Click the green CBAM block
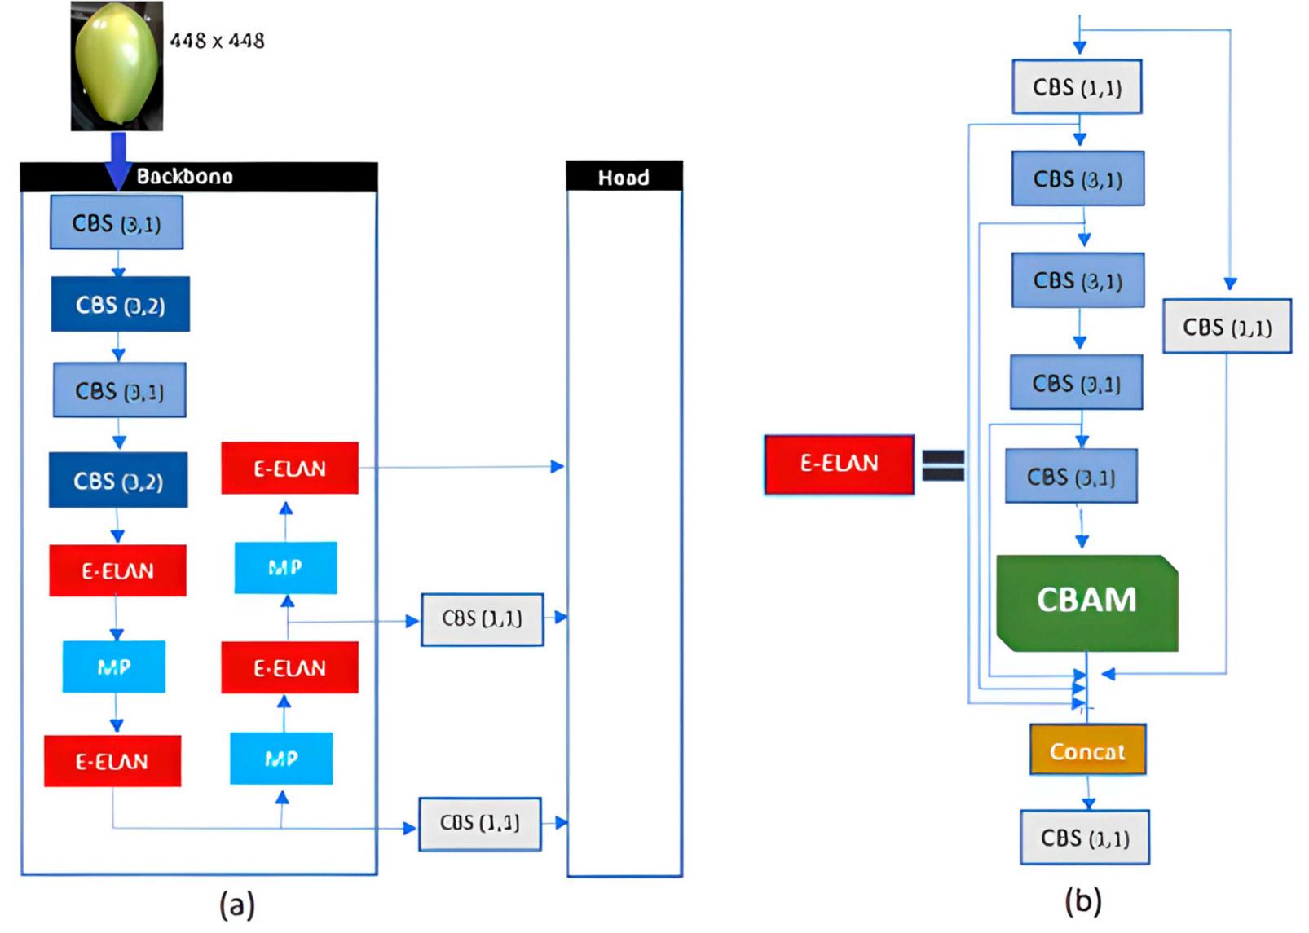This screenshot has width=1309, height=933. pos(1086,602)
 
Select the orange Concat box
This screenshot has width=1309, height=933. pos(1087,750)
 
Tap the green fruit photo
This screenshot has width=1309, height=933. pos(117,66)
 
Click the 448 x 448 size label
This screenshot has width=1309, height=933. pos(217,41)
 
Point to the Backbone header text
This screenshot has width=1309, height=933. pos(184,177)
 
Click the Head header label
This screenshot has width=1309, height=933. pos(624,178)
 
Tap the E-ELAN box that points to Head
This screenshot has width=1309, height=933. pos(289,469)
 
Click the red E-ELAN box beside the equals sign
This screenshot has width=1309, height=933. pos(839,464)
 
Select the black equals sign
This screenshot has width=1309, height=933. pos(943,466)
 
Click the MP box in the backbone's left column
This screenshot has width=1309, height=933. pos(114,667)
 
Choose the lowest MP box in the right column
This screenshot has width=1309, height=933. pos(281,759)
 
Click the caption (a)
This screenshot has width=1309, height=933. pos(237,904)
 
